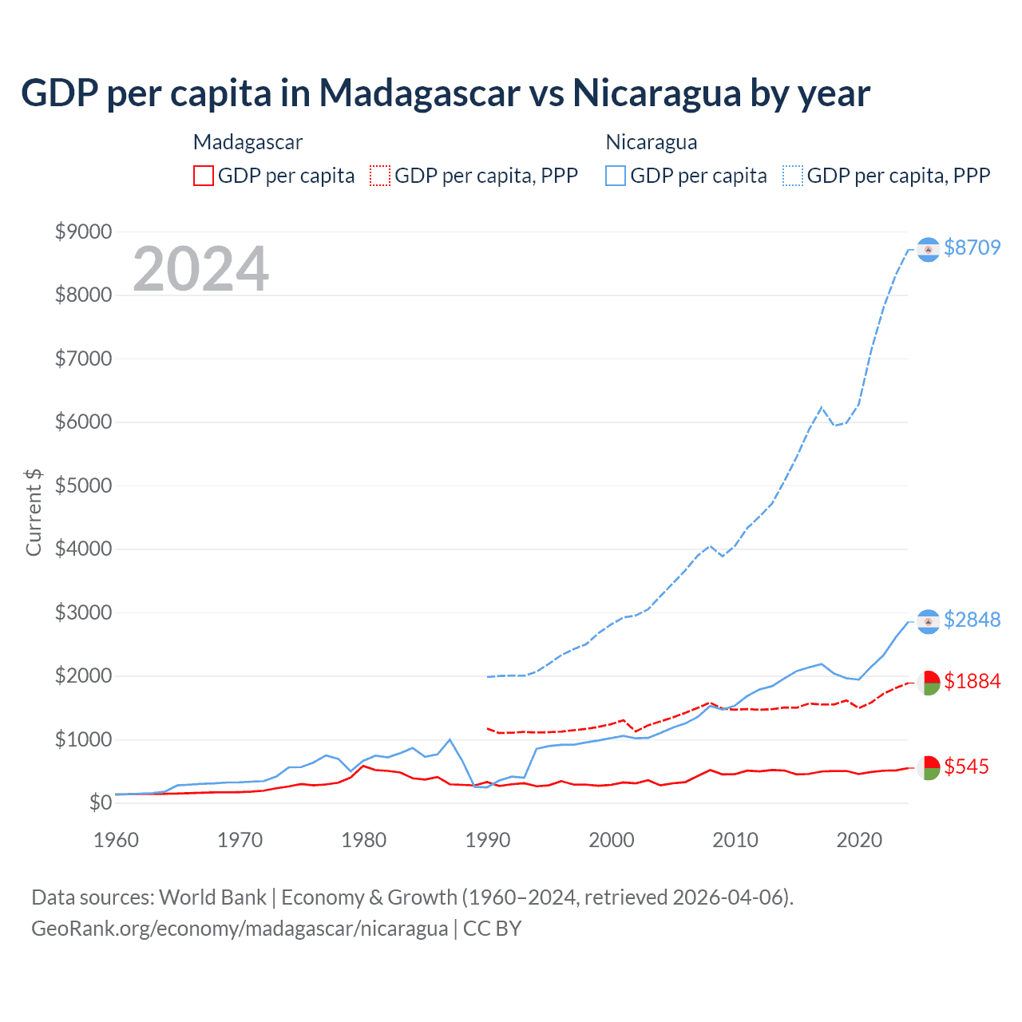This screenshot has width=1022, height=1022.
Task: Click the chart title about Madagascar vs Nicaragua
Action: tap(445, 93)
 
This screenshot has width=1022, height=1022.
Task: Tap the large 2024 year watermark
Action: tap(200, 269)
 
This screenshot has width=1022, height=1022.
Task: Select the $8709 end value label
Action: tap(972, 248)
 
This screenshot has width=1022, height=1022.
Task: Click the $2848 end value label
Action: tap(972, 620)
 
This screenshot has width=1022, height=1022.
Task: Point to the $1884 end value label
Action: tap(972, 681)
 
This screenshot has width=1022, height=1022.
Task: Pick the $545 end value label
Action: tap(966, 766)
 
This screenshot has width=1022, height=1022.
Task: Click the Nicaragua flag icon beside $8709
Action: tap(928, 250)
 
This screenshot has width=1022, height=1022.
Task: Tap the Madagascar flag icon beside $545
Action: tap(928, 767)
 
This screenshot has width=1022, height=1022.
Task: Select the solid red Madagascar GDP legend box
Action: tap(204, 176)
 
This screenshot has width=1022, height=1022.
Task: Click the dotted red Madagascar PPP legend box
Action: tap(380, 176)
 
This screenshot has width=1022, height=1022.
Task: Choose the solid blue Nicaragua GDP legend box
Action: tap(616, 176)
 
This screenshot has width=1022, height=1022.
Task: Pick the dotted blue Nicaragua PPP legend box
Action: tap(793, 176)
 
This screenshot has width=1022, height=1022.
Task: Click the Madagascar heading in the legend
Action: tap(248, 142)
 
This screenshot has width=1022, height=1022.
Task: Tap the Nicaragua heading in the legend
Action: tap(652, 142)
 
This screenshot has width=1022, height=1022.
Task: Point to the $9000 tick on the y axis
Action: tap(83, 232)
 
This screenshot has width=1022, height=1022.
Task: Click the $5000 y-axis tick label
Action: tap(83, 485)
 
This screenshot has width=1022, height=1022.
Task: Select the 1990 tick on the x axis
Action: tap(487, 840)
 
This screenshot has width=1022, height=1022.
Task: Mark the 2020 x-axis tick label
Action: tap(859, 840)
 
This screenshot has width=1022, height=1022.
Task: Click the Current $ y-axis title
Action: tap(34, 513)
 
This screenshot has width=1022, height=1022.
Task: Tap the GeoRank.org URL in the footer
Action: tap(240, 929)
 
